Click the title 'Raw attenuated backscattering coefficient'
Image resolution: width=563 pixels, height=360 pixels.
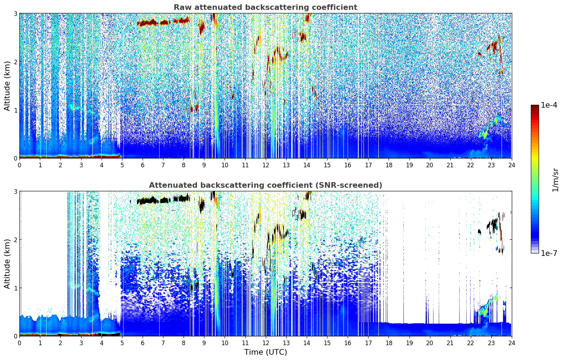[x=265, y=7]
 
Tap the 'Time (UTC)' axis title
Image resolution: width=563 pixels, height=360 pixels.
[x=265, y=352]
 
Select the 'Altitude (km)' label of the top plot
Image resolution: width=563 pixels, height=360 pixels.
[x=7, y=86]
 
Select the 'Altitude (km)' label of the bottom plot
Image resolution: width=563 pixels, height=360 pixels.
[x=7, y=264]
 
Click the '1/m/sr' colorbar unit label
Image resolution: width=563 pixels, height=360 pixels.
[x=555, y=180]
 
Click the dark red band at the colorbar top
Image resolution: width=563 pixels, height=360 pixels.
[x=534, y=107]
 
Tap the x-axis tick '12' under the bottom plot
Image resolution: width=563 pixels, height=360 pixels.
[x=265, y=343]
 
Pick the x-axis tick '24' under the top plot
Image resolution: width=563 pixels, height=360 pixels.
[x=511, y=165]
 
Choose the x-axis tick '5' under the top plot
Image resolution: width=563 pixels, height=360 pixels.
[x=122, y=165]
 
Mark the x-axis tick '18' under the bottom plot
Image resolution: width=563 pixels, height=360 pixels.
[x=389, y=343]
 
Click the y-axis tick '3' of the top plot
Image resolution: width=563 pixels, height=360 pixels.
[x=16, y=13]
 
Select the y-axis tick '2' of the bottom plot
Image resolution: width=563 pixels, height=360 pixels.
[x=16, y=240]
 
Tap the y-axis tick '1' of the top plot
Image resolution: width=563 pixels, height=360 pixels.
[x=16, y=110]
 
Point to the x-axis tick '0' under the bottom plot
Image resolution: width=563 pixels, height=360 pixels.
[x=19, y=343]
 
